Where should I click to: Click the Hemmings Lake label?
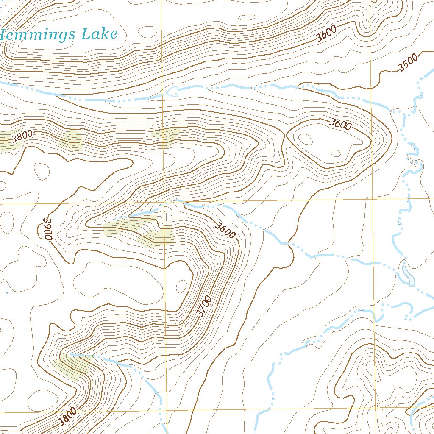(x=59, y=34)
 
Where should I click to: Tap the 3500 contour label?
(x=408, y=62)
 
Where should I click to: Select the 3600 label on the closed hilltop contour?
(x=341, y=125)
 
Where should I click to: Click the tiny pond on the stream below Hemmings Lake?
(x=173, y=91)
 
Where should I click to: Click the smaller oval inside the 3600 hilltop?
(x=335, y=153)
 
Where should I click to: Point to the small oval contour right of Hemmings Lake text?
(x=148, y=32)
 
